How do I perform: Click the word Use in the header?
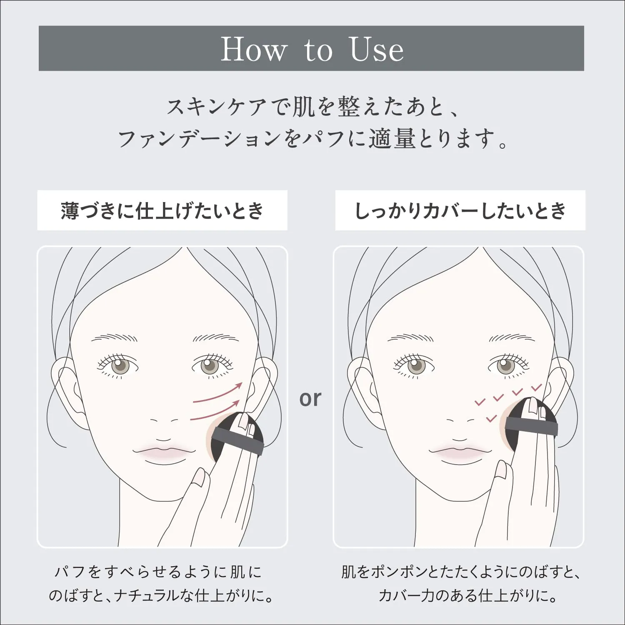pos(377,49)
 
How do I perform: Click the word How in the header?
pos(254,49)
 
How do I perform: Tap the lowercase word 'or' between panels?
pos(310,398)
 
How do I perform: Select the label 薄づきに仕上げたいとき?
pos(162,210)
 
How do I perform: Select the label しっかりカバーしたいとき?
pos(460,210)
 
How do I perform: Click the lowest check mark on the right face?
pos(492,417)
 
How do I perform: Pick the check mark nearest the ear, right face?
pos(536,387)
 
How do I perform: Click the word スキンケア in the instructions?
pos(217,107)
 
